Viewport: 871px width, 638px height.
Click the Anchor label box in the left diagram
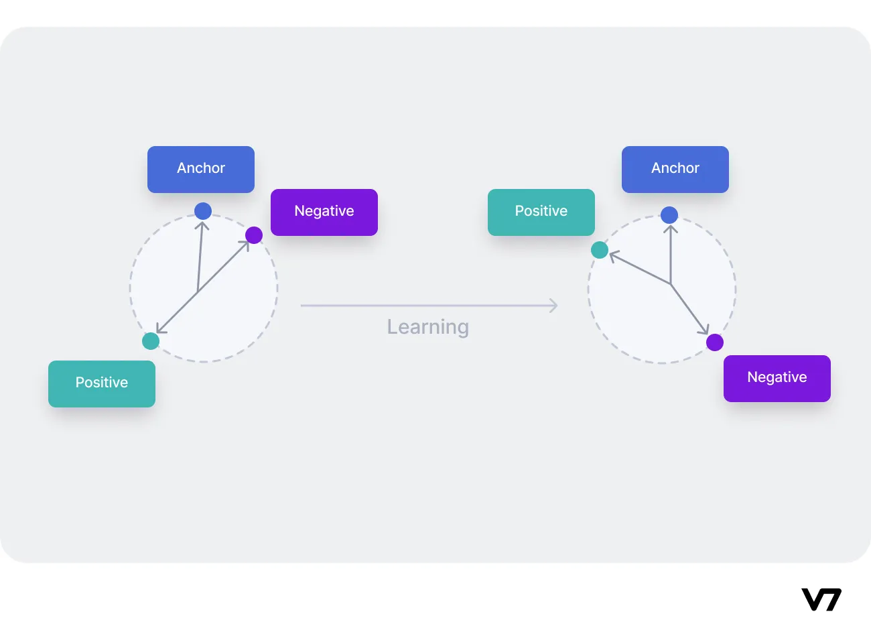(201, 169)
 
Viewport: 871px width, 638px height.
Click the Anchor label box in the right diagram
(675, 169)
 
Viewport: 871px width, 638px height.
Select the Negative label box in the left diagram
(324, 212)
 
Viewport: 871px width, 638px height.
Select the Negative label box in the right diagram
(777, 378)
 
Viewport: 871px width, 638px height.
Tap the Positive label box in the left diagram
(102, 383)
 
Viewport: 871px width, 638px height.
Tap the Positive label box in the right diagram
(541, 212)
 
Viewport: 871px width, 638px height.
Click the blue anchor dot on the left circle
(203, 211)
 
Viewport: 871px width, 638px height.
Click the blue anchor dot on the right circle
(669, 215)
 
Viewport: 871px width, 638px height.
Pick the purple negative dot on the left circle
(254, 235)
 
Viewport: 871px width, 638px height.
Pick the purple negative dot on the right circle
(715, 342)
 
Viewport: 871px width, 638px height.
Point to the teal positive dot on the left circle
(151, 341)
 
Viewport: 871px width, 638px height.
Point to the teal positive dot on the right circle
(600, 250)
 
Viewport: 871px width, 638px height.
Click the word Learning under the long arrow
(428, 327)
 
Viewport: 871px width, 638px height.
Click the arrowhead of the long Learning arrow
(553, 306)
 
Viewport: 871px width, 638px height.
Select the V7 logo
(821, 599)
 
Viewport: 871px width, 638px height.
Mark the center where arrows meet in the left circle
(198, 292)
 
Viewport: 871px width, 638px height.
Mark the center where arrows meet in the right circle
(671, 285)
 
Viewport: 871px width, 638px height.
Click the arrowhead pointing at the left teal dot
(160, 330)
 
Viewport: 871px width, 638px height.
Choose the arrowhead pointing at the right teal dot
(612, 256)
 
